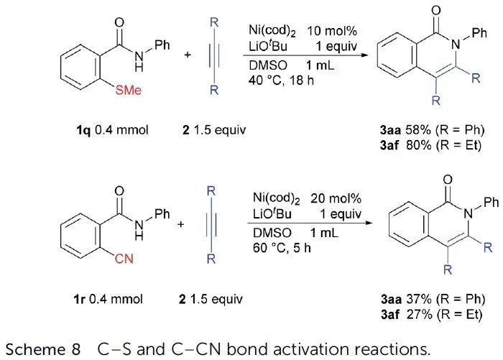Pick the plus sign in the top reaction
click(188, 74)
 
